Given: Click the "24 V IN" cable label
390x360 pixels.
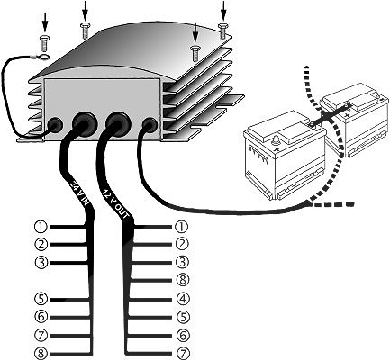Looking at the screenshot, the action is [79, 193].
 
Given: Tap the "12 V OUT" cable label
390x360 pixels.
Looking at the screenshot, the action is [116, 203].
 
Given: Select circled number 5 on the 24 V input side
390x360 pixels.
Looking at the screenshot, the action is [41, 299].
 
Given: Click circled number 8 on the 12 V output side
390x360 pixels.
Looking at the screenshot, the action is [182, 280].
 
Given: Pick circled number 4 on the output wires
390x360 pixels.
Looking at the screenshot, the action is [182, 299].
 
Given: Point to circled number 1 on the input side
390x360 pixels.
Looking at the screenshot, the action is [41, 227].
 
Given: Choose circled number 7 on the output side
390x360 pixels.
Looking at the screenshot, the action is [183, 353].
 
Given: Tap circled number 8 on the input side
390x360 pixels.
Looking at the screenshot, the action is [41, 353].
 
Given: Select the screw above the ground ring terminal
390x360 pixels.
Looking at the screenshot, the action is [44, 43].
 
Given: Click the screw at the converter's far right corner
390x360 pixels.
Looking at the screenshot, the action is [222, 31].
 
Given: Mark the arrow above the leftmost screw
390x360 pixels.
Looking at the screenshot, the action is [45, 22].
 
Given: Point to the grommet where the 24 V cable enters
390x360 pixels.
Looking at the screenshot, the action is [84, 123].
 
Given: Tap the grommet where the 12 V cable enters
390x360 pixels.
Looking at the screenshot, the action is [118, 123].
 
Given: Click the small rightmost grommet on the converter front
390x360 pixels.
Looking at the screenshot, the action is [150, 125].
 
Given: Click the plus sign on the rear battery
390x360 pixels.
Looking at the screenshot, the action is [348, 115].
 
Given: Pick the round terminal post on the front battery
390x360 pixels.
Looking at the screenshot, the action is [274, 140].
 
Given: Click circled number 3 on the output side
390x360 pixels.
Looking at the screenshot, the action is [182, 262].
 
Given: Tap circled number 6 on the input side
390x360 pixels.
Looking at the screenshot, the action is [41, 317].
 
